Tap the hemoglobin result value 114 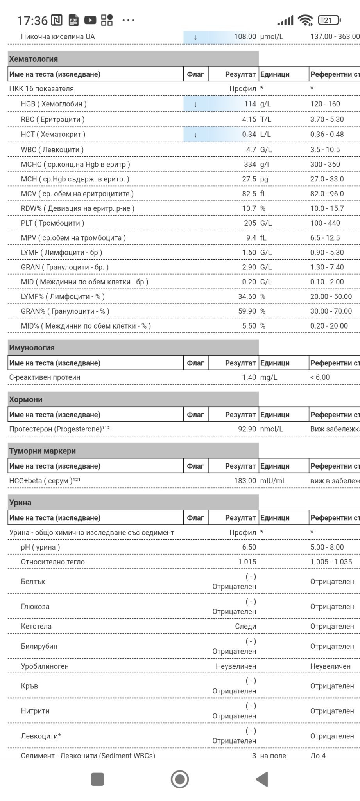[250, 104]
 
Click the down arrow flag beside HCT [195, 135]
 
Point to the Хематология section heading [34, 59]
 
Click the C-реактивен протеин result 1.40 [249, 377]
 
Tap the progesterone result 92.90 [247, 429]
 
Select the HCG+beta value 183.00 [245, 481]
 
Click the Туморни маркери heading [42, 451]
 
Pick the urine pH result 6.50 [249, 547]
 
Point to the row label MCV [29, 194]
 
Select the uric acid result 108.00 [245, 37]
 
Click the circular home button [180, 779]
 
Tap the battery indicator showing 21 [329, 20]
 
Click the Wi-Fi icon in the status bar [305, 20]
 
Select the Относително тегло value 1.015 [247, 562]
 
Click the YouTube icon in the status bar [90, 20]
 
